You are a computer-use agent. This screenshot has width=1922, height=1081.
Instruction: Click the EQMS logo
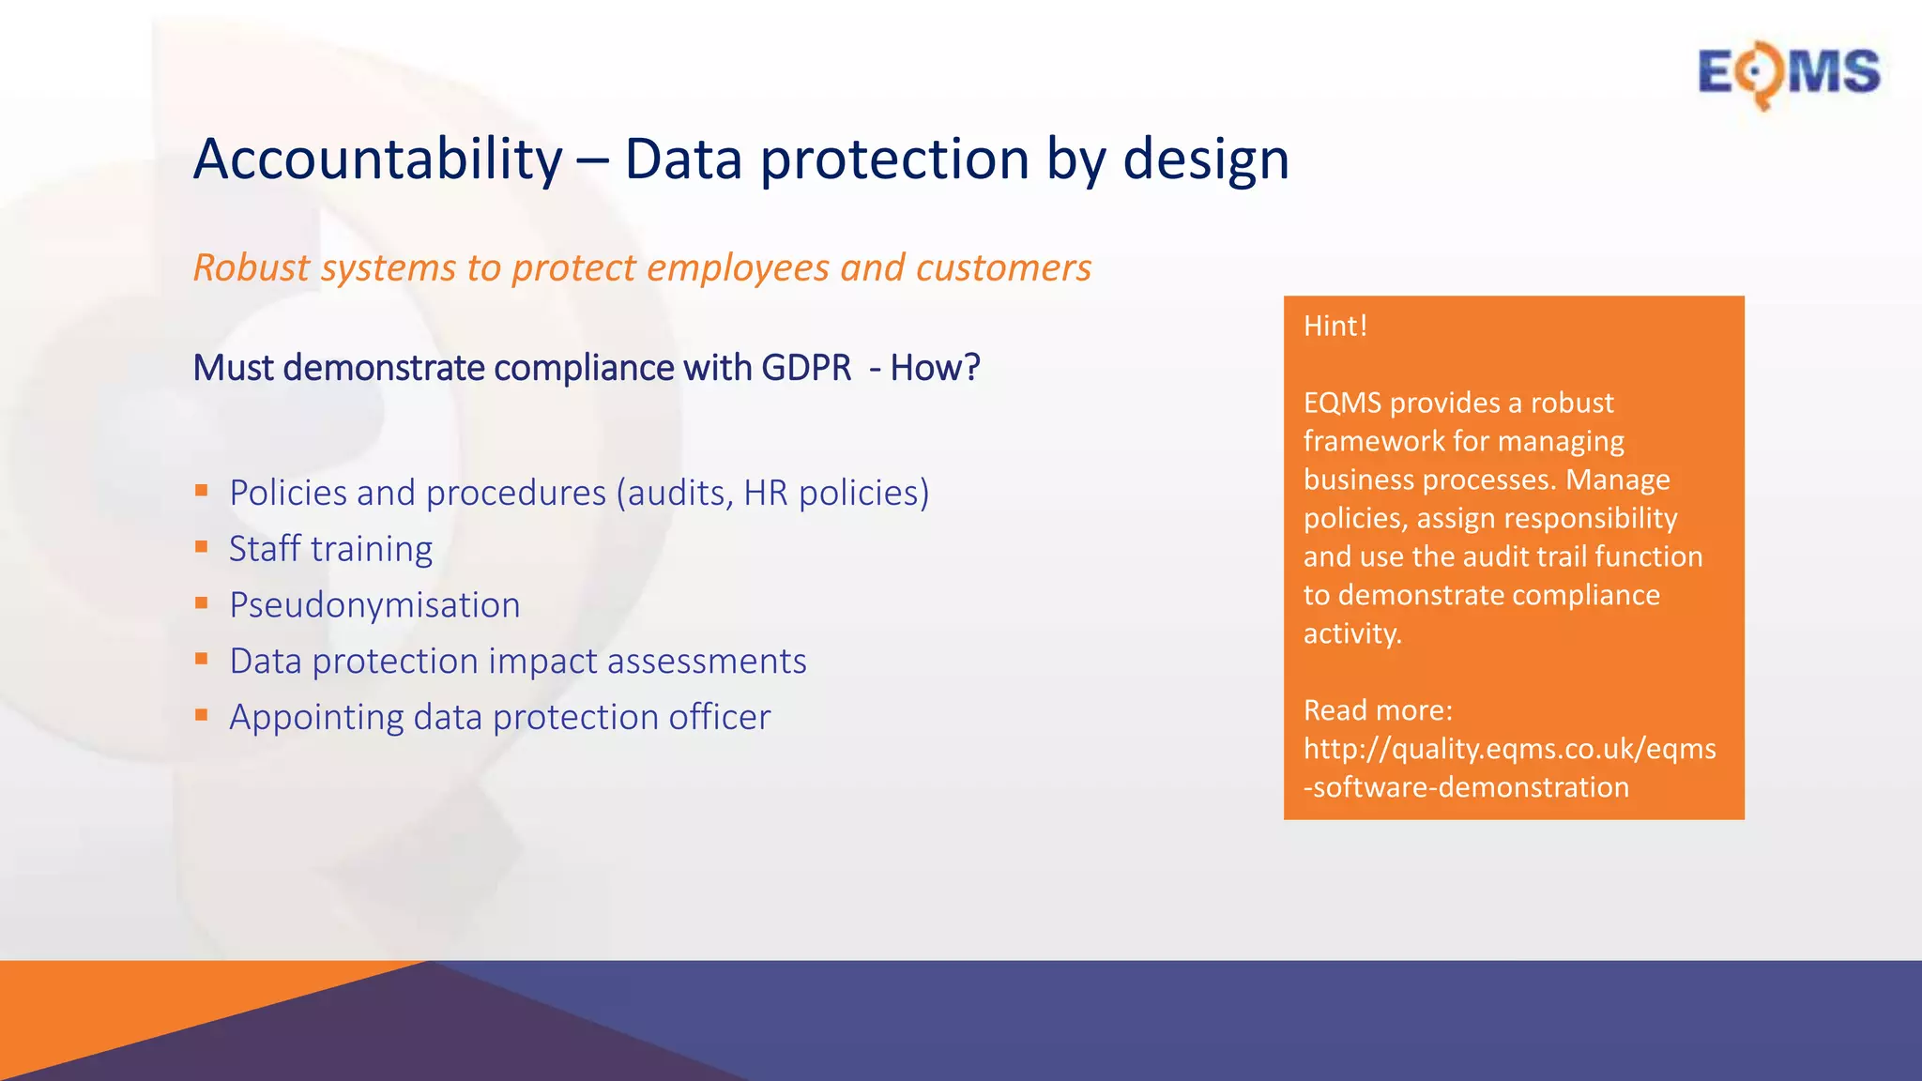pos(1788,73)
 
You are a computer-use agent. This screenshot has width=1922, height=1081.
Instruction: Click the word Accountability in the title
pos(377,159)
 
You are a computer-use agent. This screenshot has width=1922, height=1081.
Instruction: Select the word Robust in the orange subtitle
pos(251,268)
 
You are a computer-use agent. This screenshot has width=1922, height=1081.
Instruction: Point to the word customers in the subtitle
pos(1003,268)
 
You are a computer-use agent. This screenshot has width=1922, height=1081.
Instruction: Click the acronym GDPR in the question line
pos(806,368)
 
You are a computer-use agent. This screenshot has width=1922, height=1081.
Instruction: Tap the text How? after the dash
pos(935,368)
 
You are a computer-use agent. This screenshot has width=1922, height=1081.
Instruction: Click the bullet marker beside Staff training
pos(201,547)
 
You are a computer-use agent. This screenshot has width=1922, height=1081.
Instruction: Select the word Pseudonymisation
pos(374,605)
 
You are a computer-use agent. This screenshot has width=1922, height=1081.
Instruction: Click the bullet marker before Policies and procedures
pos(201,491)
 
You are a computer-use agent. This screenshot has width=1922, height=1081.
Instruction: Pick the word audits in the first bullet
pos(679,494)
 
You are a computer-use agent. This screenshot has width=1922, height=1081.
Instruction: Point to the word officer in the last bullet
pos(720,718)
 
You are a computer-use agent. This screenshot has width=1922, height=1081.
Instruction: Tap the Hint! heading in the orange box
pos(1335,327)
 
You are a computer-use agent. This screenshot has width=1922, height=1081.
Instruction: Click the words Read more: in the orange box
pos(1378,710)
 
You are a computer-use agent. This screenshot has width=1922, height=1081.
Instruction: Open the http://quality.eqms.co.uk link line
pos(1509,749)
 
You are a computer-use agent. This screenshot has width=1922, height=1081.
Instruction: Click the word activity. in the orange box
pos(1352,633)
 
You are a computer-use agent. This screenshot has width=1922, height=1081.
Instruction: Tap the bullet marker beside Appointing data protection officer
pos(201,715)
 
